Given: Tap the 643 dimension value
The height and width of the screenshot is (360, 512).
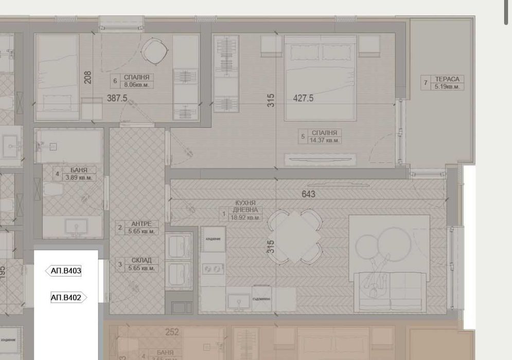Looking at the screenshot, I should point(309,194).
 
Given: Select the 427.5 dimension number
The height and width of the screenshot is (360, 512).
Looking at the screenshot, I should point(303,98).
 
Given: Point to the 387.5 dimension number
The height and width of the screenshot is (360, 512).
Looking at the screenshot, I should point(117,98).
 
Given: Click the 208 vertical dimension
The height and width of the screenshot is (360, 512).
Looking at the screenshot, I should point(88,78).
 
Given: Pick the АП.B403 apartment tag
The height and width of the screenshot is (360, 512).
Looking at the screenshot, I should point(64,271).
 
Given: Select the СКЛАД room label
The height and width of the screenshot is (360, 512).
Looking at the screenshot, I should point(141,264).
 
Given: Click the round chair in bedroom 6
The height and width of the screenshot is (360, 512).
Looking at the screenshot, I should point(154,50).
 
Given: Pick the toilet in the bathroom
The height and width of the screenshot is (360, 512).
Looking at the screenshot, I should point(53,191).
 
